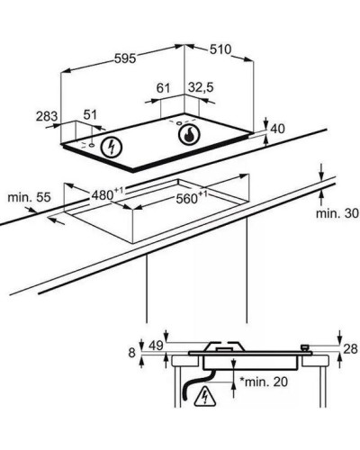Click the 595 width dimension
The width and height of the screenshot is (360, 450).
[x=125, y=58]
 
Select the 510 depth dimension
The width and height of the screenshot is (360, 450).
[x=220, y=49]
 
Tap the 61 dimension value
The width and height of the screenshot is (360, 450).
[x=163, y=88]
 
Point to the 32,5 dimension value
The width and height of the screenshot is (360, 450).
[x=201, y=87]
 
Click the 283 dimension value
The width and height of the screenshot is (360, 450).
[x=47, y=116]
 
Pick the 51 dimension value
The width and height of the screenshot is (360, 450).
[x=90, y=115]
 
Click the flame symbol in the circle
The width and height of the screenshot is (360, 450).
[x=189, y=135]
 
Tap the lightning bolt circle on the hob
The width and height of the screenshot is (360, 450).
[x=112, y=147]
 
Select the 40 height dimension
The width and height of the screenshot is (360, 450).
[x=277, y=129]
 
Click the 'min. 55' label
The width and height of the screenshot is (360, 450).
[x=29, y=198]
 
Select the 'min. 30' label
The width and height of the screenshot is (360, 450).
[x=337, y=213]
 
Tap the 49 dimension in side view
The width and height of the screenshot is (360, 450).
[x=156, y=346]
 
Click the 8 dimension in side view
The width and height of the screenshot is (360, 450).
[x=132, y=353]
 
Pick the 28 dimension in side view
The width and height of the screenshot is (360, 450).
[x=350, y=349]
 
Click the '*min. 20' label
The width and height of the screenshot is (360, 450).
[x=264, y=382]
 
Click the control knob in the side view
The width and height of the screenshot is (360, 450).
[x=305, y=348]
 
